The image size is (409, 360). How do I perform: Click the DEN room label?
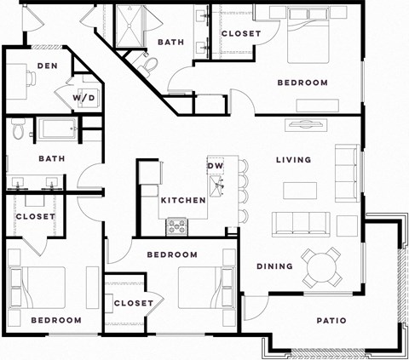pyautogui.click(x=46, y=66)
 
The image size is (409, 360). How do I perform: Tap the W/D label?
pyautogui.click(x=84, y=99)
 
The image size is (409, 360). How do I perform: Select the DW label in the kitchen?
pyautogui.click(x=215, y=164)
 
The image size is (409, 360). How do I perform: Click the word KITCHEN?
pyautogui.click(x=183, y=200)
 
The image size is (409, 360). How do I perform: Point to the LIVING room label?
pyautogui.click(x=293, y=160)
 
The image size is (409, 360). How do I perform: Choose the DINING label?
pyautogui.click(x=274, y=266)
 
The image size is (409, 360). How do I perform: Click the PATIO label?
pyautogui.click(x=331, y=321)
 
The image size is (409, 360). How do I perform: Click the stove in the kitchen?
pyautogui.click(x=178, y=226)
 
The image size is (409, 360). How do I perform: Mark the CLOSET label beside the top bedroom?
pyautogui.click(x=240, y=34)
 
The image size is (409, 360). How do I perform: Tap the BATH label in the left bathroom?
pyautogui.click(x=51, y=158)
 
